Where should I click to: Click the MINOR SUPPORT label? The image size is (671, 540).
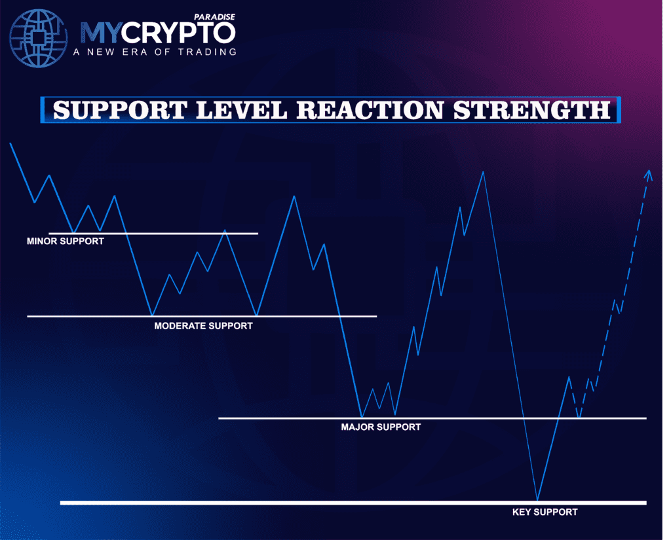click(65, 241)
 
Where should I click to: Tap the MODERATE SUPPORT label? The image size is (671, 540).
click(203, 325)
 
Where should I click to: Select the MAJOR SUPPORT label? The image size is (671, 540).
click(381, 427)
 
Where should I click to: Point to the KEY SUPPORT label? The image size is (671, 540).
click(545, 512)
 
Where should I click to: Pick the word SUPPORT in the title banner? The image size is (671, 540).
click(118, 110)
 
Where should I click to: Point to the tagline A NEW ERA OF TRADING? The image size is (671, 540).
click(158, 52)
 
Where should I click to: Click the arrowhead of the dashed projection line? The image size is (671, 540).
click(649, 174)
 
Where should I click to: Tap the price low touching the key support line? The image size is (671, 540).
click(537, 499)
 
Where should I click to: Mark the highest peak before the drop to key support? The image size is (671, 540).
click(484, 172)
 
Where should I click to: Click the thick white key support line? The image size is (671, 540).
click(262, 503)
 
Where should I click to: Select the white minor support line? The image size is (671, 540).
click(197, 233)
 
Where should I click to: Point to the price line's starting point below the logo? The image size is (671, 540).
click(10, 143)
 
